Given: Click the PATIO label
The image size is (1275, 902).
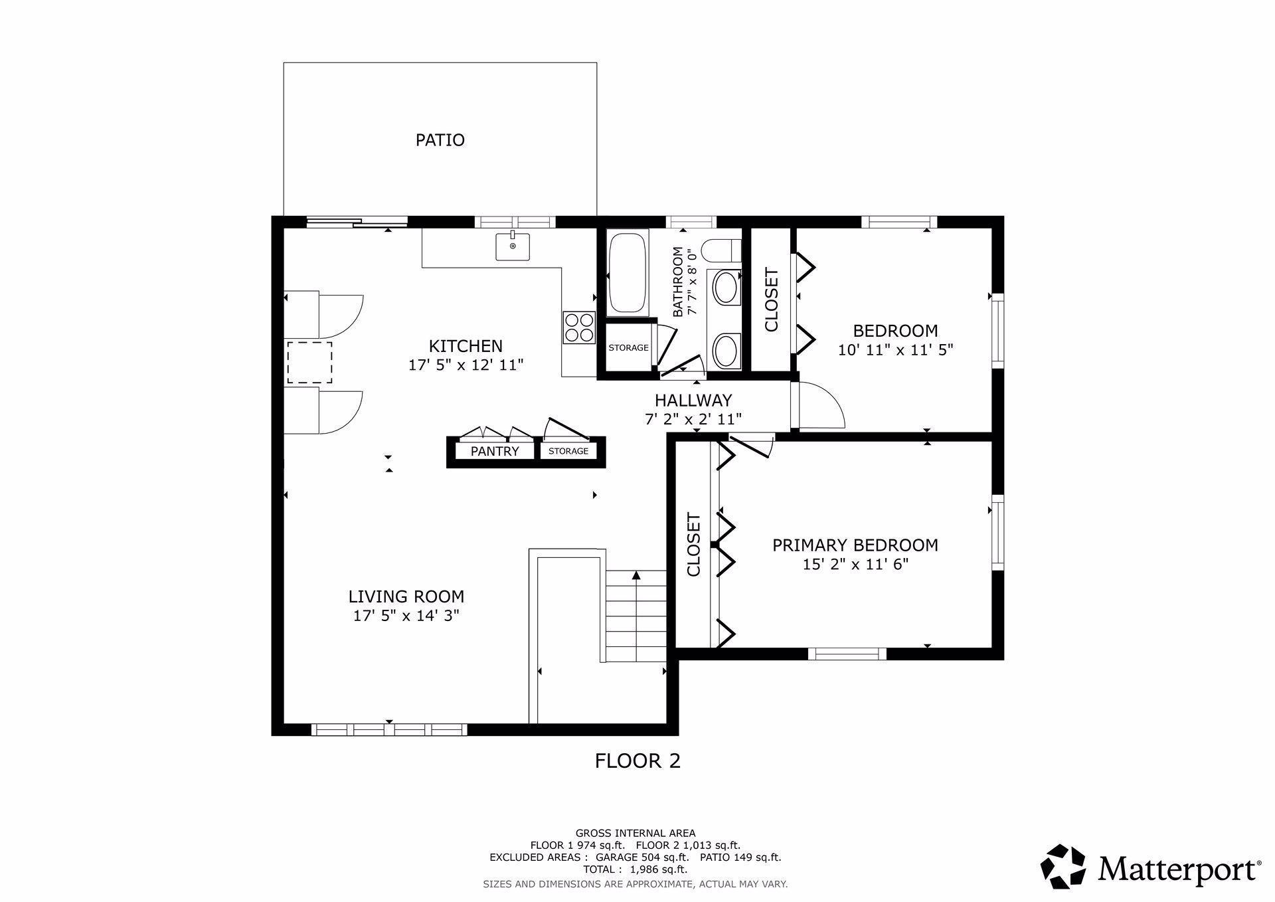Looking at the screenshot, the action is [x=440, y=140].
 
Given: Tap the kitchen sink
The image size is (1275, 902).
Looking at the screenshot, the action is [x=513, y=246].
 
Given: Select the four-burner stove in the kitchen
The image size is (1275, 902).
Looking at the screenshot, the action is [x=578, y=327].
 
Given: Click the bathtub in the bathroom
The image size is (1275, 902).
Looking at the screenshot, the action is [x=628, y=273].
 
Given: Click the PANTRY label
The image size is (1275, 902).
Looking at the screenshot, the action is [x=495, y=452].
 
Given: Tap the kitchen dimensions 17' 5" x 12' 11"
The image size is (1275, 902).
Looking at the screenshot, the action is [x=466, y=365].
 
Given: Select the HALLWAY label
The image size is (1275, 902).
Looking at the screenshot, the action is [x=693, y=401].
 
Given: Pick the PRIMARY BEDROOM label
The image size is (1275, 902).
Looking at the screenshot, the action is [x=855, y=545].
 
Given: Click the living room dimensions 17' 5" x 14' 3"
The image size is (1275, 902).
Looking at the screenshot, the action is [x=406, y=616].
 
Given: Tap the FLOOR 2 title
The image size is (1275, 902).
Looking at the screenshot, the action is [x=637, y=761].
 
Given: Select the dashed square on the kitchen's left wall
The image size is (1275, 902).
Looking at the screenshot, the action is [x=309, y=363].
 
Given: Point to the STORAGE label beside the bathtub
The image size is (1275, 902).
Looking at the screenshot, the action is [x=628, y=348].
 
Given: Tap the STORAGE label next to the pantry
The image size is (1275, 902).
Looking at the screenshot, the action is [x=568, y=452].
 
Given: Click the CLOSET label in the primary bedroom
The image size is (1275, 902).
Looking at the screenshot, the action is [x=694, y=544].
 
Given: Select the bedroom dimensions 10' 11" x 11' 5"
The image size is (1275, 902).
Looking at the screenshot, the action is [x=896, y=350].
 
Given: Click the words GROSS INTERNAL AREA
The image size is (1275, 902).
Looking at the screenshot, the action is [x=636, y=833].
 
